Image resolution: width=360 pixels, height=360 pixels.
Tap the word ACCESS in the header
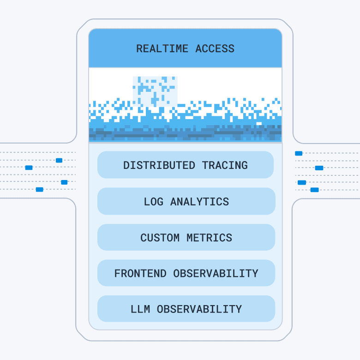click(215, 48)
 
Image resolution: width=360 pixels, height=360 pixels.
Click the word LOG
click(153, 202)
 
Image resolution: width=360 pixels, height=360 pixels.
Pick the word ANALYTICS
click(199, 202)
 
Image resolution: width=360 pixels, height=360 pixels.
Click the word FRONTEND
click(140, 273)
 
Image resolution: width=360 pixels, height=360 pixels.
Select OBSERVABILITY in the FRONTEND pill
click(216, 273)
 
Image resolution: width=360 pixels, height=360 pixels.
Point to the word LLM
click(140, 309)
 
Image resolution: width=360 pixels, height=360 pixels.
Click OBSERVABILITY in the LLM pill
click(199, 309)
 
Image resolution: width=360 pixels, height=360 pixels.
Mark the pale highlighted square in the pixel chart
click(155, 91)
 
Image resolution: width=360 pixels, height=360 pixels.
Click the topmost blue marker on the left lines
click(59, 160)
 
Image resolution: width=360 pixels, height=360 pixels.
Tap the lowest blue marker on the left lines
click(39, 189)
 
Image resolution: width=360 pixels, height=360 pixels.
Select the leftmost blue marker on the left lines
click(29, 168)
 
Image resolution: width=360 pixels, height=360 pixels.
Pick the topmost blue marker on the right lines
click(299, 153)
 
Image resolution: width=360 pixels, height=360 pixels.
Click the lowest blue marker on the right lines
click(314, 190)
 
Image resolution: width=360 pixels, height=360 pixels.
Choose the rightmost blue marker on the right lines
click(319, 168)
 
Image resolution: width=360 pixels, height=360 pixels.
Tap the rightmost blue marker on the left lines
click(64, 182)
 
